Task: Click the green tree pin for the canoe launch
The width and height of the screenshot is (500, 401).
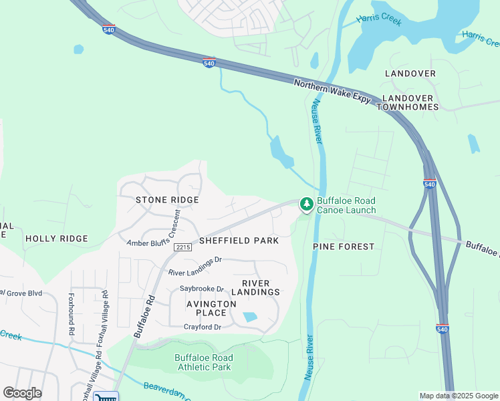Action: (x=306, y=204)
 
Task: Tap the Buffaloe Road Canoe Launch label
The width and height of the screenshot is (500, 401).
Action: (x=346, y=205)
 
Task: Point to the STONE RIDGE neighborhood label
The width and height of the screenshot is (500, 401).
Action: (x=167, y=200)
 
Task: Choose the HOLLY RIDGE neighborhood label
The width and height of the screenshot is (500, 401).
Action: (x=56, y=239)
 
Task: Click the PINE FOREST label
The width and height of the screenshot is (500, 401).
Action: (x=344, y=247)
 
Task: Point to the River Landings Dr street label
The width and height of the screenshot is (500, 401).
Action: (x=195, y=267)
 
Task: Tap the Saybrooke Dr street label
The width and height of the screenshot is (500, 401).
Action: (x=202, y=289)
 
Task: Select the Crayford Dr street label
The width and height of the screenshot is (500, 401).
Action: (x=202, y=327)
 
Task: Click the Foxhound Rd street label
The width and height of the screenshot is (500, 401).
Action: (x=71, y=313)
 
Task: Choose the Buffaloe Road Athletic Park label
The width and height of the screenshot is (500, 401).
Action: (x=203, y=362)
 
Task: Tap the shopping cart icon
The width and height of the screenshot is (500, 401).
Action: (x=106, y=397)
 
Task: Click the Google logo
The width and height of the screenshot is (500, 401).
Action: (x=22, y=393)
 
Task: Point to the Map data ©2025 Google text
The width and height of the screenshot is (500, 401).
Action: (x=458, y=396)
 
